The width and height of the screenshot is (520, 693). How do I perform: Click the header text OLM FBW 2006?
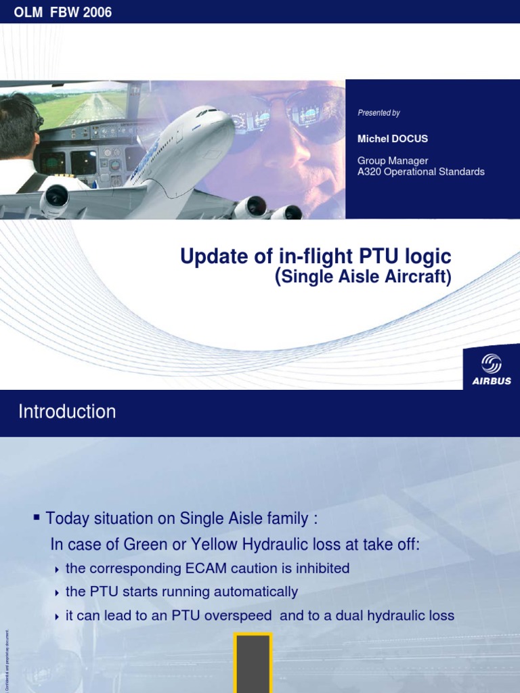[x=58, y=12]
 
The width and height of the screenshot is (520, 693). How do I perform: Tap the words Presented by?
[x=378, y=113]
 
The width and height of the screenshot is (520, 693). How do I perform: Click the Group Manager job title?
[x=393, y=161]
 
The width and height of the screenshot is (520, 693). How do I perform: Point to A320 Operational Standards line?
[x=420, y=172]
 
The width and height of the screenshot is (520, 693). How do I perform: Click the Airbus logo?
[x=492, y=369]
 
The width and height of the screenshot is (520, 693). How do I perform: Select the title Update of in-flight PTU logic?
[x=316, y=257]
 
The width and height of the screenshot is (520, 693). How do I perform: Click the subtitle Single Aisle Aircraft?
[x=364, y=277]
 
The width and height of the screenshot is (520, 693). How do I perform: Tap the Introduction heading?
[x=67, y=411]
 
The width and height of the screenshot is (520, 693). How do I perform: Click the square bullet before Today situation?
[x=37, y=518]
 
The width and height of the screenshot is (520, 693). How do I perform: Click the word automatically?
[x=256, y=592]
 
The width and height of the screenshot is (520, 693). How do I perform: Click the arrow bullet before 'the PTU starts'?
[x=57, y=593]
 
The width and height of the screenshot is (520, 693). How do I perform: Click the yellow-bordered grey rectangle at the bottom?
[x=253, y=663]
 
